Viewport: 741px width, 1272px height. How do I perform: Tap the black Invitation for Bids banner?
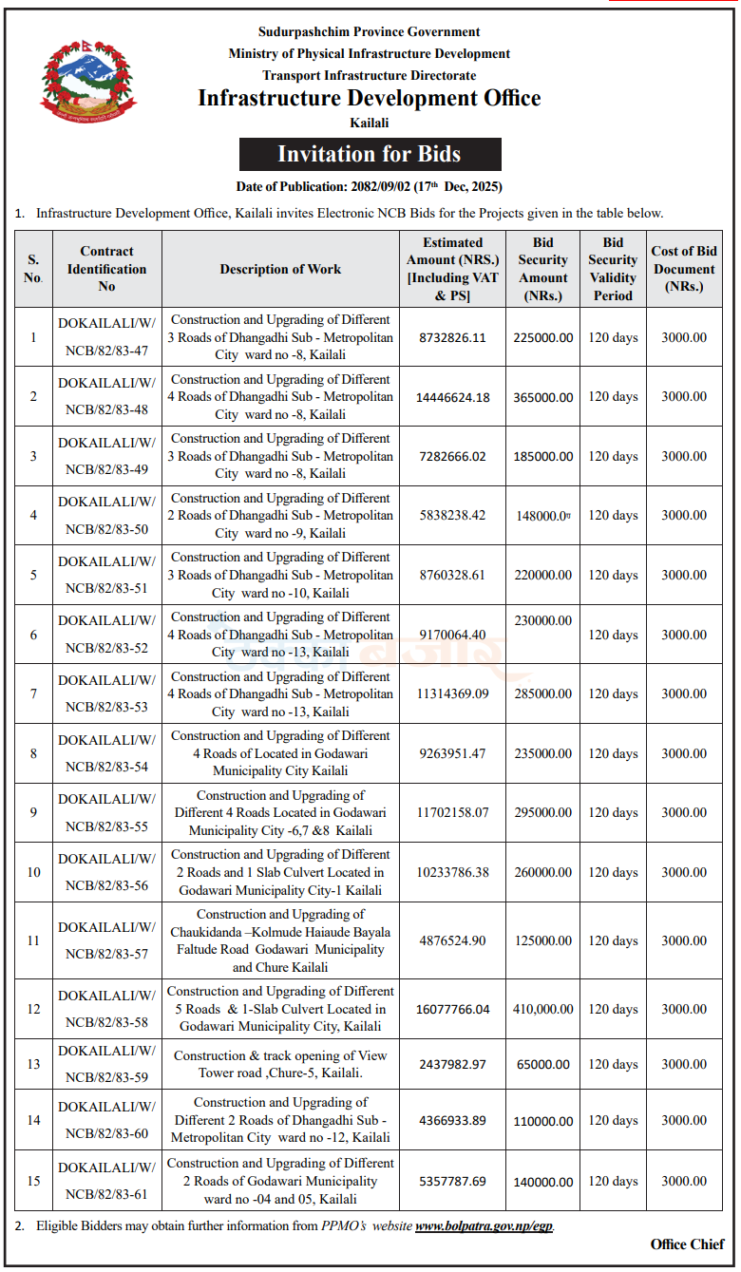370,154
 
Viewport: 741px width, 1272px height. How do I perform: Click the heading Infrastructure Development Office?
370,99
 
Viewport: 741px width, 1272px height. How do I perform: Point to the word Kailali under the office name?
370,123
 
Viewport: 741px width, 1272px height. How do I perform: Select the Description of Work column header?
280,269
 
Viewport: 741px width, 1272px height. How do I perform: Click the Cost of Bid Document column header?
684,269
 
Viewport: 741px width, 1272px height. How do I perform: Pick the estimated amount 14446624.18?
452,397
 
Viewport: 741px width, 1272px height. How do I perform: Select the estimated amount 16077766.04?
452,1009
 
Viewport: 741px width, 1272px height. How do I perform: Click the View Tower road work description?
280,1064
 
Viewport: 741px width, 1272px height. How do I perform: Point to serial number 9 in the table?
33,812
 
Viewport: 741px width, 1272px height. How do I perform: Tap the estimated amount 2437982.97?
452,1064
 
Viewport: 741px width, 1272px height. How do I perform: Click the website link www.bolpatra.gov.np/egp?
484,1225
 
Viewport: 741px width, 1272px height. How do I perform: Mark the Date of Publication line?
370,186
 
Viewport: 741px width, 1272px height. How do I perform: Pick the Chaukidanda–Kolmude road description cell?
280,940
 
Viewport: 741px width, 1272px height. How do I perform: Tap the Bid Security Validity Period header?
613,269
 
